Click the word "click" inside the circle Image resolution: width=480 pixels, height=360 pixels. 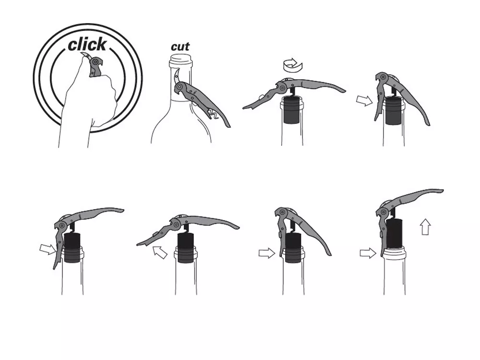87,45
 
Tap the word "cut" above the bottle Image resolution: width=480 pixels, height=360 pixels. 180,47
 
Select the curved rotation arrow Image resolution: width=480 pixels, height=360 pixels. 292,65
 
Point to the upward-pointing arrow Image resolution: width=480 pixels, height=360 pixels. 425,227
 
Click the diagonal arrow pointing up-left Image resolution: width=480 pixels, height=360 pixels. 159,252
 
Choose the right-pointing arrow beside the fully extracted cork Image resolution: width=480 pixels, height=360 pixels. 368,253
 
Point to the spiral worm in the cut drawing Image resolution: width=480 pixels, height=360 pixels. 213,114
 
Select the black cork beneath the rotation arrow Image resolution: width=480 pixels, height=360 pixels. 291,109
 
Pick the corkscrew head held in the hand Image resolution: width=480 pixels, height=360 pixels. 96,67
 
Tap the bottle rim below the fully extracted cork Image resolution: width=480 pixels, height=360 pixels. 394,252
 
